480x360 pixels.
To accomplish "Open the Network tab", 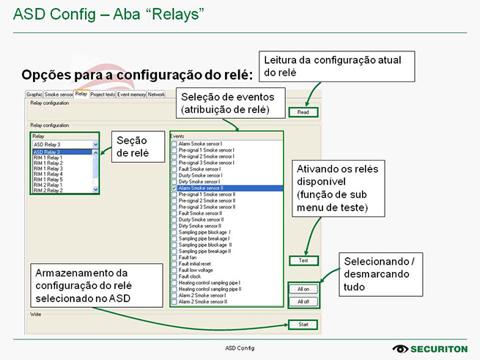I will pyautogui.click(x=156, y=95).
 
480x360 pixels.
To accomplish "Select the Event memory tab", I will pyautogui.click(x=132, y=95).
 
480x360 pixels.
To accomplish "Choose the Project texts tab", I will pyautogui.click(x=103, y=95).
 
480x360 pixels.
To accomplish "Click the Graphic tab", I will pyautogui.click(x=34, y=95).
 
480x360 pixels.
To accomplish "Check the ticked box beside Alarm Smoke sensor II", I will pyautogui.click(x=174, y=188).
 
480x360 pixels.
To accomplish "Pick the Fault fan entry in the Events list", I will pyautogui.click(x=188, y=257).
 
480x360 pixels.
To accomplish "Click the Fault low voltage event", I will pyautogui.click(x=195, y=270).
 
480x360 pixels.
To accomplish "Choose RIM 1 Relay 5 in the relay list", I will pyautogui.click(x=48, y=180).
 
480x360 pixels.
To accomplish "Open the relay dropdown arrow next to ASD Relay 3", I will pyautogui.click(x=96, y=145).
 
